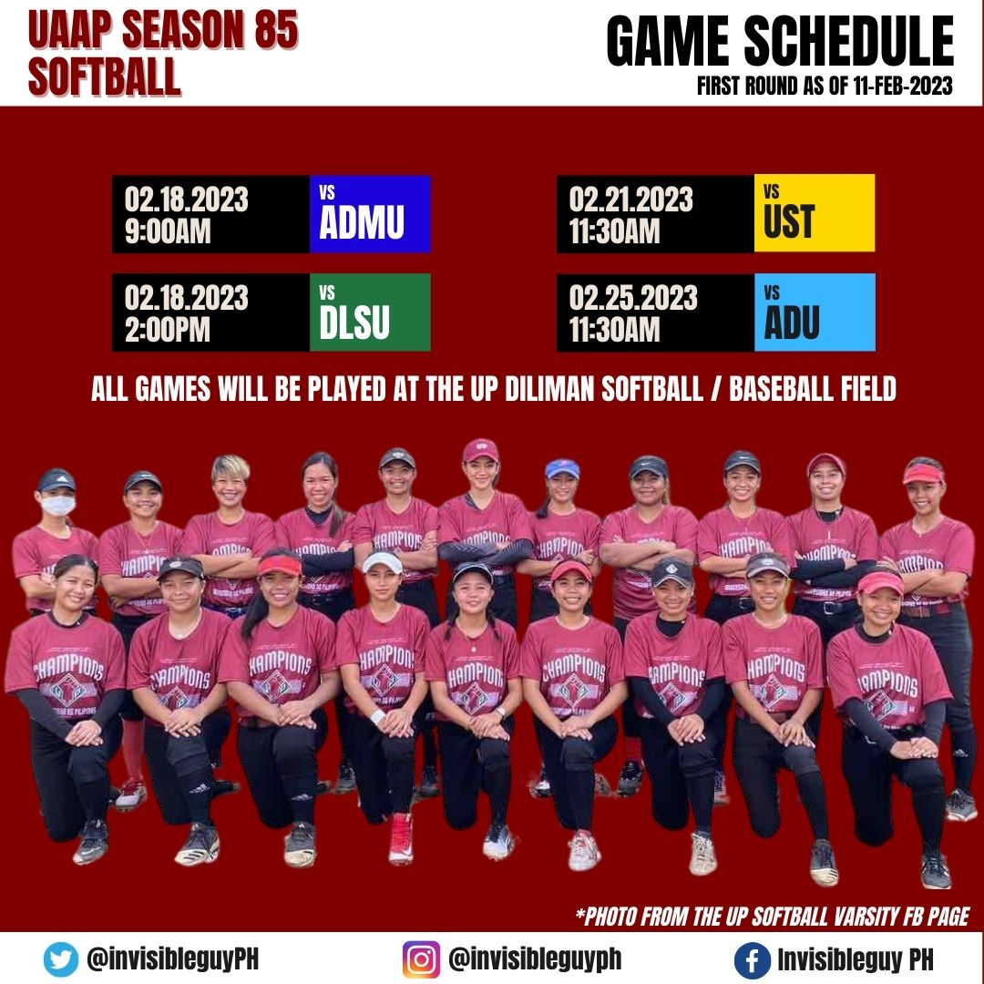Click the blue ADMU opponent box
370,214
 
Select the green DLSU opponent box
370,313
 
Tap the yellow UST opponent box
814,214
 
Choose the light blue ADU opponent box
814,313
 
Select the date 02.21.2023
632,199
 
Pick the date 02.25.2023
632,297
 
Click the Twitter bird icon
61,958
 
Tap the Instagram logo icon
421,958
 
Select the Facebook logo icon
752,959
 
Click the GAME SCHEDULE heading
780,43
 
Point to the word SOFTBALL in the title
104,77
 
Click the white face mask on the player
57,505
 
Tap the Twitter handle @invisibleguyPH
174,958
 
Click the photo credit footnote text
773,915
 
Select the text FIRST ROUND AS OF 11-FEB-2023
825,87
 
